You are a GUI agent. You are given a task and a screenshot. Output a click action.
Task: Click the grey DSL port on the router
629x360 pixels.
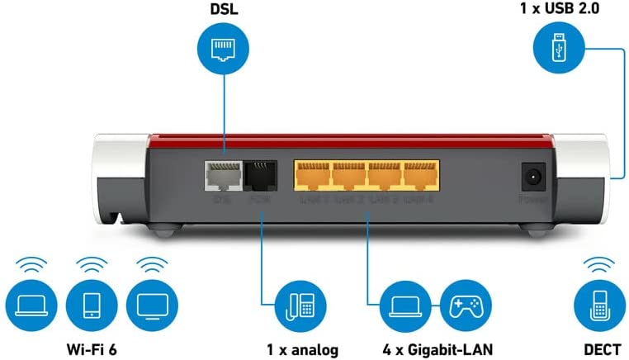tap(221, 174)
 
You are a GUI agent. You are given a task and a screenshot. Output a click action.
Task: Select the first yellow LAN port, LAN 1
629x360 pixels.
tap(311, 174)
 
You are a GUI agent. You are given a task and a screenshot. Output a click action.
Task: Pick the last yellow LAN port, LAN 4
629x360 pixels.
tap(419, 174)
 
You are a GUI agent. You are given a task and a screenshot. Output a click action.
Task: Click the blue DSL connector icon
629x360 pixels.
tap(220, 50)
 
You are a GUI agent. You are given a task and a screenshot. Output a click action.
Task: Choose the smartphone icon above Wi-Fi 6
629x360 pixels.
tap(90, 306)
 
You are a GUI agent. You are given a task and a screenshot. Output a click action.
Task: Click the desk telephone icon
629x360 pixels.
tap(299, 306)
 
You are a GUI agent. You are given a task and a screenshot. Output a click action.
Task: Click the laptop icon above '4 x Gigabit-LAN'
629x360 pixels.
tap(402, 306)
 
